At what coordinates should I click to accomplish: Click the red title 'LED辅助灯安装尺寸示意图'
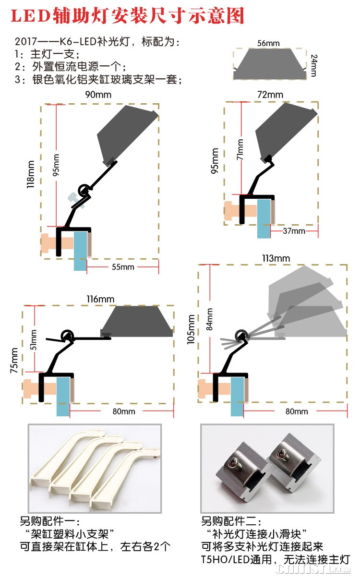(x=128, y=16)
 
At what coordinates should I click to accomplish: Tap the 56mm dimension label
(x=268, y=43)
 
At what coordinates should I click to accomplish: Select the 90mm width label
(x=98, y=95)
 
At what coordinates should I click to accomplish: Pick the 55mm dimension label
(x=123, y=267)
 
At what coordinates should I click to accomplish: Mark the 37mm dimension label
(x=294, y=231)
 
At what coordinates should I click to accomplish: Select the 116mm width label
(x=100, y=300)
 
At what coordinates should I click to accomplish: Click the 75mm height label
(x=15, y=361)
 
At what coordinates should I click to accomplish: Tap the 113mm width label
(x=276, y=259)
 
